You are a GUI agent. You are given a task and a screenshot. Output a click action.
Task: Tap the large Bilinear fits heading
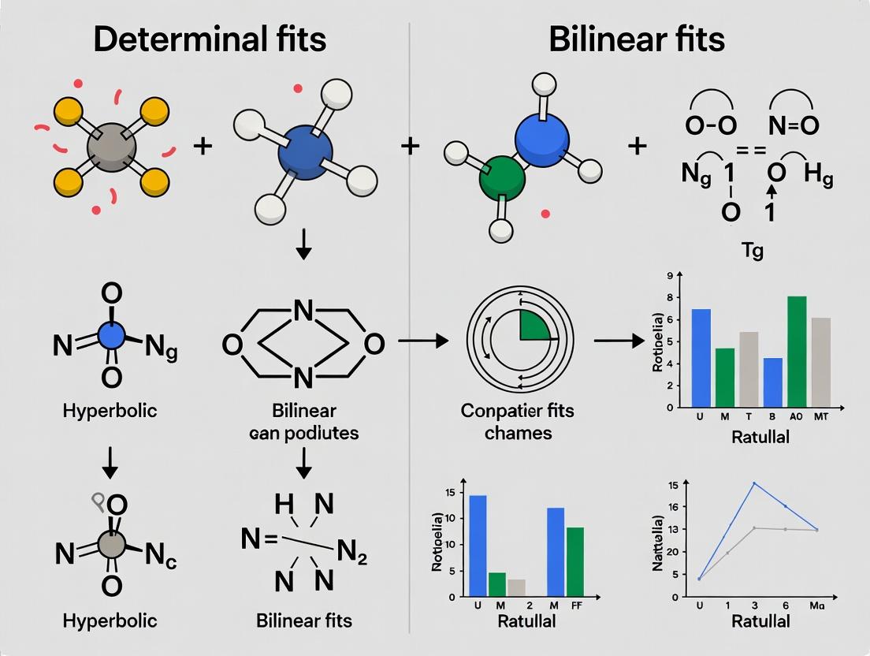tap(637, 39)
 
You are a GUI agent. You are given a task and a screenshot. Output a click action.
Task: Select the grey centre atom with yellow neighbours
tap(111, 147)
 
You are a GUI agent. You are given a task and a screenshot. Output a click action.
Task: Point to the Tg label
tap(753, 252)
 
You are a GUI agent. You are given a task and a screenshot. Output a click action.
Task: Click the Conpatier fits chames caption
tap(518, 421)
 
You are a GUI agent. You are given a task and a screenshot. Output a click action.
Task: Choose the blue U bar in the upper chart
tap(701, 358)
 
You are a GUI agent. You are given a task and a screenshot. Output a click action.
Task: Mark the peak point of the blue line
tap(754, 483)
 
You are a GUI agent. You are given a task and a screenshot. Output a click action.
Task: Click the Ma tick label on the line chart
tap(816, 606)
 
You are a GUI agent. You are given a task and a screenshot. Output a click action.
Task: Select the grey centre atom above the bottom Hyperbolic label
tap(111, 544)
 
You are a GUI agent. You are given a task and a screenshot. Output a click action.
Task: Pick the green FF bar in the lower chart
tap(575, 561)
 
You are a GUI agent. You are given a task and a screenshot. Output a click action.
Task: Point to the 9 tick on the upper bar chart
tap(669, 275)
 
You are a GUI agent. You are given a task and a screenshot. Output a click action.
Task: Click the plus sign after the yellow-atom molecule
tap(203, 146)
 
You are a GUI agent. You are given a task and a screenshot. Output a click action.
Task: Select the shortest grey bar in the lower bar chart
tap(515, 588)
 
